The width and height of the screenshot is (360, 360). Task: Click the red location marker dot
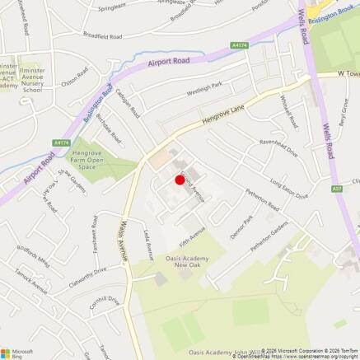180,180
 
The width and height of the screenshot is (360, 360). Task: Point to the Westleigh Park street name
205,88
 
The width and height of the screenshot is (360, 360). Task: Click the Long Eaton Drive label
288,190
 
